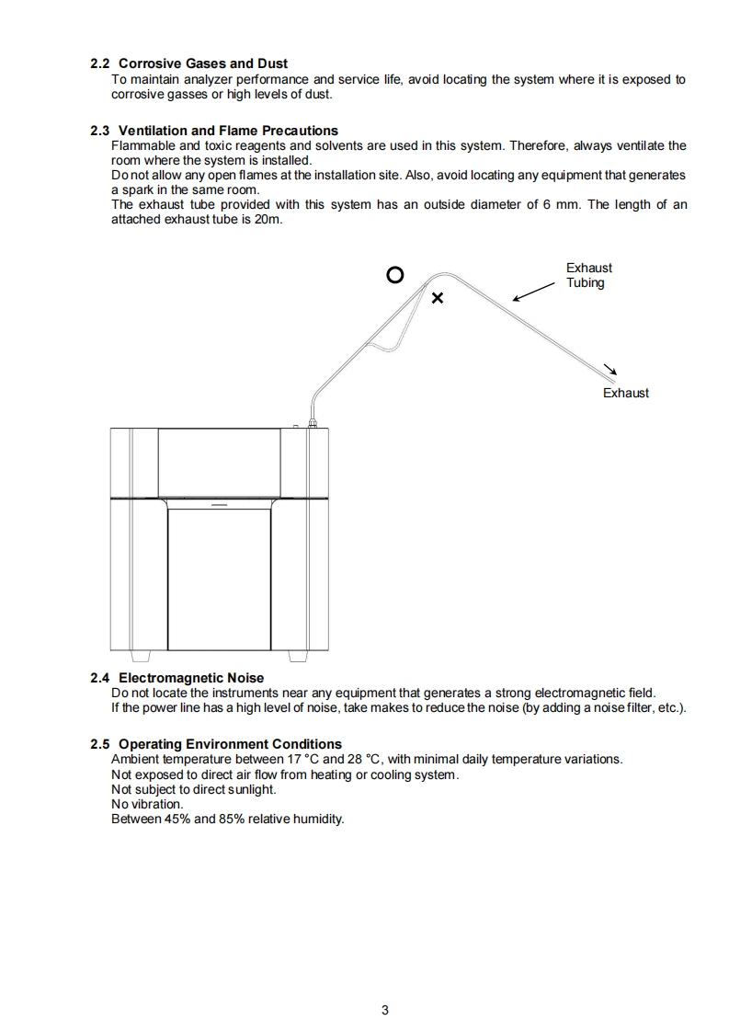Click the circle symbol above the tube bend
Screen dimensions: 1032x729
(394, 274)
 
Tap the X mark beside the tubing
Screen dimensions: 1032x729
(438, 298)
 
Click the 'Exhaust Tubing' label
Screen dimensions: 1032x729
(588, 275)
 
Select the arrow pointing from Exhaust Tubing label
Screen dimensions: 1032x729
(533, 292)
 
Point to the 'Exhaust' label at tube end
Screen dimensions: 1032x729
(625, 393)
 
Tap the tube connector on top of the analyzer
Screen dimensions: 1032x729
(313, 422)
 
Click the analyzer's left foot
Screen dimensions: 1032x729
(141, 656)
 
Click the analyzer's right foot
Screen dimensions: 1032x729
(298, 656)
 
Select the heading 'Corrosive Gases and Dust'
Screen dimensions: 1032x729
(202, 63)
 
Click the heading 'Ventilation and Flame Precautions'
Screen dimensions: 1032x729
(228, 131)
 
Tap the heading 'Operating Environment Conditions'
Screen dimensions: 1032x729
(230, 744)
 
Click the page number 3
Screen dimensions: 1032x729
(385, 1010)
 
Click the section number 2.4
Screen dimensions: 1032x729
(100, 678)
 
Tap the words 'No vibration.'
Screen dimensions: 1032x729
(147, 804)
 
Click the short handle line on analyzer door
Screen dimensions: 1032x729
(219, 505)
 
